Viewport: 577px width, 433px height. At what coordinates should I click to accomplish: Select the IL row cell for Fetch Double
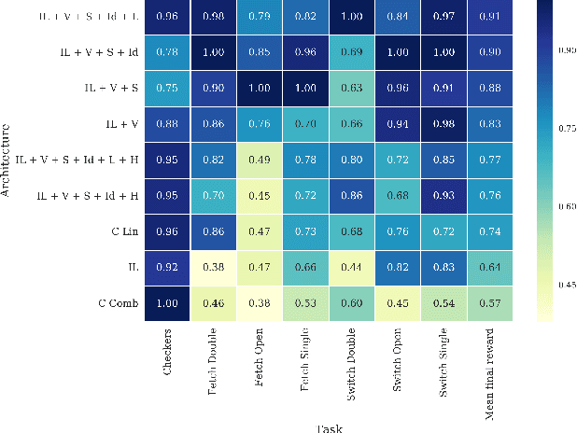(216, 267)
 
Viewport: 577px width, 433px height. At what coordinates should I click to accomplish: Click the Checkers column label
(169, 352)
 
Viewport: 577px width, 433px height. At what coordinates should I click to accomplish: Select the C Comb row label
(117, 302)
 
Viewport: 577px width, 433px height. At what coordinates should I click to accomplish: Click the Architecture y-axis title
(7, 160)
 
